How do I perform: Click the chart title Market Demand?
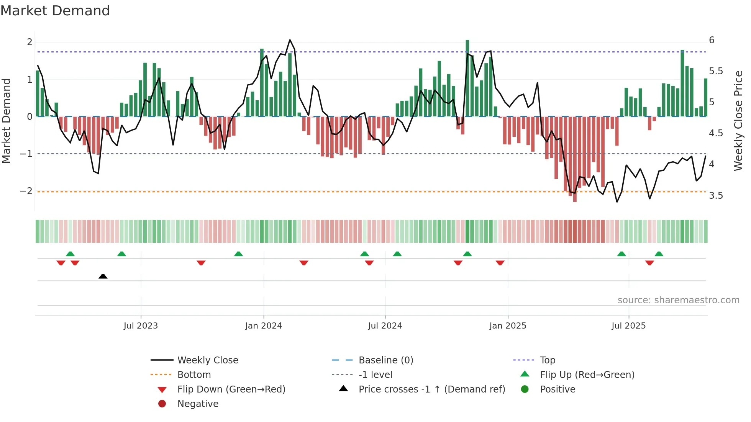click(55, 10)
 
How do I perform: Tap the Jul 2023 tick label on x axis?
click(141, 326)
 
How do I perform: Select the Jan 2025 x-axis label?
click(508, 326)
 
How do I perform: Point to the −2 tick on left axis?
click(26, 191)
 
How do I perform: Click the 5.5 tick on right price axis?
click(716, 71)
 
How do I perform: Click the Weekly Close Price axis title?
click(738, 121)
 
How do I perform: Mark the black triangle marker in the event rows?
click(103, 276)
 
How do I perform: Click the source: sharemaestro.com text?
click(678, 300)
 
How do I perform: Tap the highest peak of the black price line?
click(290, 40)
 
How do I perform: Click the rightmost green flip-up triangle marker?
click(659, 254)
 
